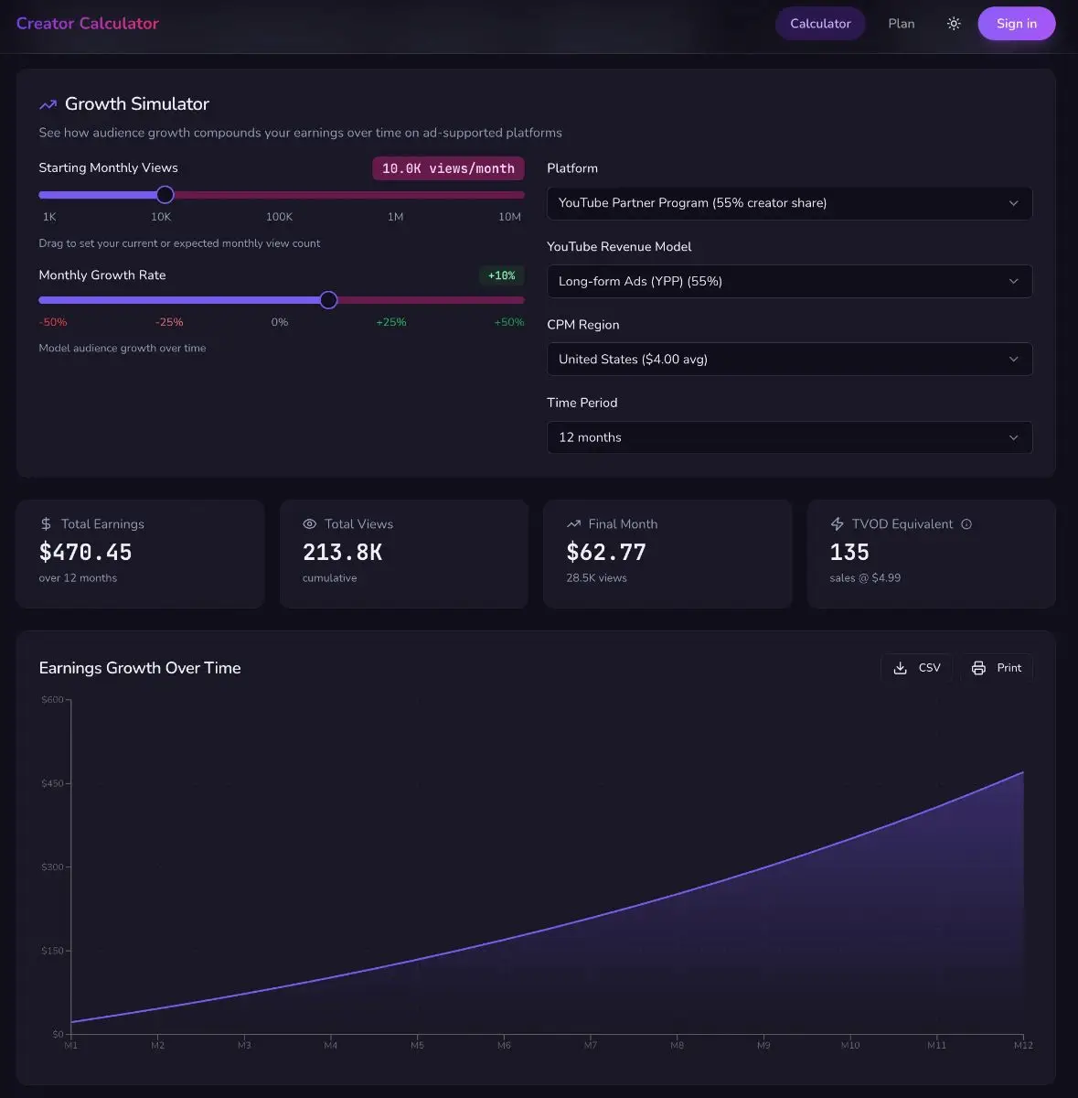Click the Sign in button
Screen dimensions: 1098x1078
pyautogui.click(x=1016, y=24)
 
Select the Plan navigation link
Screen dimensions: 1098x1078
pyautogui.click(x=901, y=24)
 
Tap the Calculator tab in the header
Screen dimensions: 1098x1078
pyautogui.click(x=820, y=24)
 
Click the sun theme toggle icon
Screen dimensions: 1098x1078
pyautogui.click(x=954, y=24)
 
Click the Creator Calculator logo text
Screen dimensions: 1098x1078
pyautogui.click(x=88, y=24)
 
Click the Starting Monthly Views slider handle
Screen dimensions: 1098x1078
pyautogui.click(x=165, y=194)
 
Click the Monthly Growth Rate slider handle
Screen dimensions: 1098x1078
pyautogui.click(x=328, y=300)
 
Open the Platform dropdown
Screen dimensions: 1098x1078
pyautogui.click(x=788, y=203)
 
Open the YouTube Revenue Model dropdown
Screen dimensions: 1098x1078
pyautogui.click(x=788, y=281)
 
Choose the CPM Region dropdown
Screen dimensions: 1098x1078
pyautogui.click(x=788, y=359)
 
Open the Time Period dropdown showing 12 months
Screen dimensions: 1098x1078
pyautogui.click(x=788, y=437)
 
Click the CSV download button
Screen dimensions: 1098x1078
pyautogui.click(x=916, y=668)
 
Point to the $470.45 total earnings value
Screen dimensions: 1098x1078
pyautogui.click(x=86, y=553)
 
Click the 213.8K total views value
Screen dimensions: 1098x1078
pyautogui.click(x=342, y=553)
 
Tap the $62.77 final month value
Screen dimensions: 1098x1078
pyautogui.click(x=606, y=553)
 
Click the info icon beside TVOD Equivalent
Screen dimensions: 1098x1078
pyautogui.click(x=966, y=524)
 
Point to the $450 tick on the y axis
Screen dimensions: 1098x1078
pyautogui.click(x=53, y=783)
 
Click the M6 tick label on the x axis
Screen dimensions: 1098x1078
pyautogui.click(x=504, y=1045)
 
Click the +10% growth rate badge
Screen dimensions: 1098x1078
pyautogui.click(x=501, y=275)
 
